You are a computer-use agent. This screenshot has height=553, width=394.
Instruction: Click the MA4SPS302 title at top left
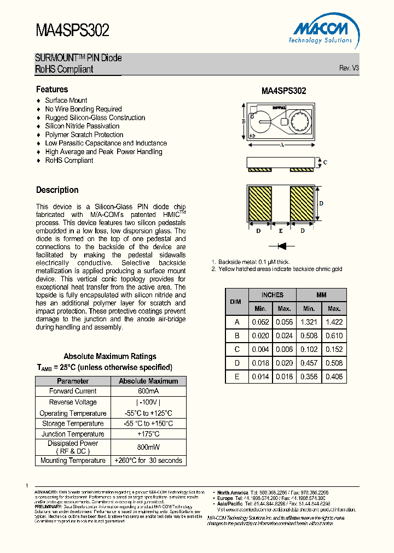click(72, 30)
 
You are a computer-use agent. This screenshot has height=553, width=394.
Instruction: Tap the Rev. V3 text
click(349, 68)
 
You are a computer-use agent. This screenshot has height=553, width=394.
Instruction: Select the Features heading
click(52, 90)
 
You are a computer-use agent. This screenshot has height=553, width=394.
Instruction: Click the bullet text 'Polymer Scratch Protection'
click(84, 134)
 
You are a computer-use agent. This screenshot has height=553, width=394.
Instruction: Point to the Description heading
click(57, 190)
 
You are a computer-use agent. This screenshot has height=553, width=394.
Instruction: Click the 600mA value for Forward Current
click(148, 391)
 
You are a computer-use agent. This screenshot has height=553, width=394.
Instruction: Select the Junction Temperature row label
click(73, 434)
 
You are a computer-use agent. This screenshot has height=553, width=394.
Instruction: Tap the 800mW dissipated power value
click(148, 447)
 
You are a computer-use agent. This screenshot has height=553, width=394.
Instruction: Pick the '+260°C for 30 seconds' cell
click(148, 461)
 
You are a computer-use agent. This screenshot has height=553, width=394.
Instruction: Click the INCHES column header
click(272, 295)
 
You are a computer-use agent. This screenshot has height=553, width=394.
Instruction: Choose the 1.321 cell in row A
click(309, 322)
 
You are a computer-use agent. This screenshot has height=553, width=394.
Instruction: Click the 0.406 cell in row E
click(334, 377)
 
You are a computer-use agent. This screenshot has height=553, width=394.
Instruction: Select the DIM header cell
click(235, 302)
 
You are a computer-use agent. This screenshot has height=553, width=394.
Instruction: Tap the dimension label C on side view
click(325, 162)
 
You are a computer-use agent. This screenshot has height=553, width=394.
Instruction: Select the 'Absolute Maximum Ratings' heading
click(110, 356)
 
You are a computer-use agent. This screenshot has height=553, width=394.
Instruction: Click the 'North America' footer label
click(233, 492)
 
